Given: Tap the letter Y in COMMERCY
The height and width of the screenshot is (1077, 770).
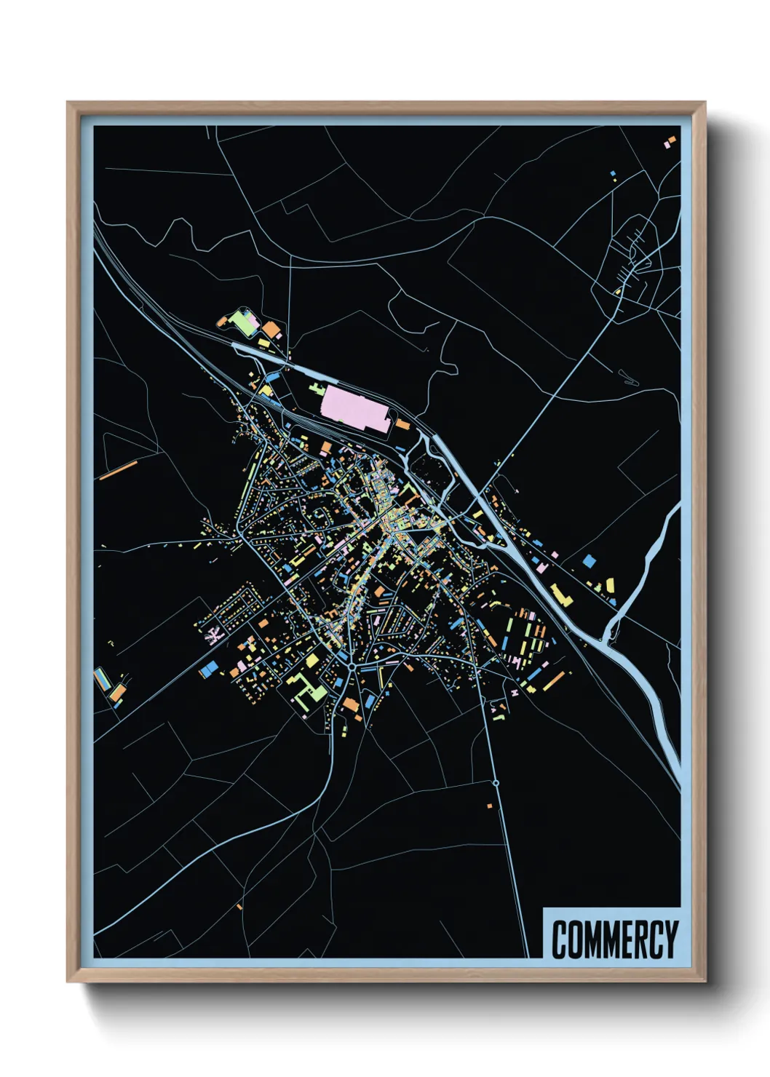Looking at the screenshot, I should point(670,939).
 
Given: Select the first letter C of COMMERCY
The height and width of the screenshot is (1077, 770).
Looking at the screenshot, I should point(560,939).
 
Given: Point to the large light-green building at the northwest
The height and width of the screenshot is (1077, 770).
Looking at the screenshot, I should point(243,322).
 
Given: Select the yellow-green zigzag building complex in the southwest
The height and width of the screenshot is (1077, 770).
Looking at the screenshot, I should point(309,688).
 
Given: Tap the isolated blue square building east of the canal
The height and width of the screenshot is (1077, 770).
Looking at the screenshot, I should point(589,561).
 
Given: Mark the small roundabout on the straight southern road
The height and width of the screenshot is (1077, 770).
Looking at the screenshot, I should point(496,783).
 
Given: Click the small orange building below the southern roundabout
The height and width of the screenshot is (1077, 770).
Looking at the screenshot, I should point(489,806).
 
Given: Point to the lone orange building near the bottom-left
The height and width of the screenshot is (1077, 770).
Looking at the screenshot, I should point(239,907).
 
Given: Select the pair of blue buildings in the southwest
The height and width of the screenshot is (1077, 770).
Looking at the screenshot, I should point(208,669).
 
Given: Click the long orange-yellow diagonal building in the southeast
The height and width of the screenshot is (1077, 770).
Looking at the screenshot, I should point(554,681).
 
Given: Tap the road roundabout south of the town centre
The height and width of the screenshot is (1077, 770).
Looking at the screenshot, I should point(352,665).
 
